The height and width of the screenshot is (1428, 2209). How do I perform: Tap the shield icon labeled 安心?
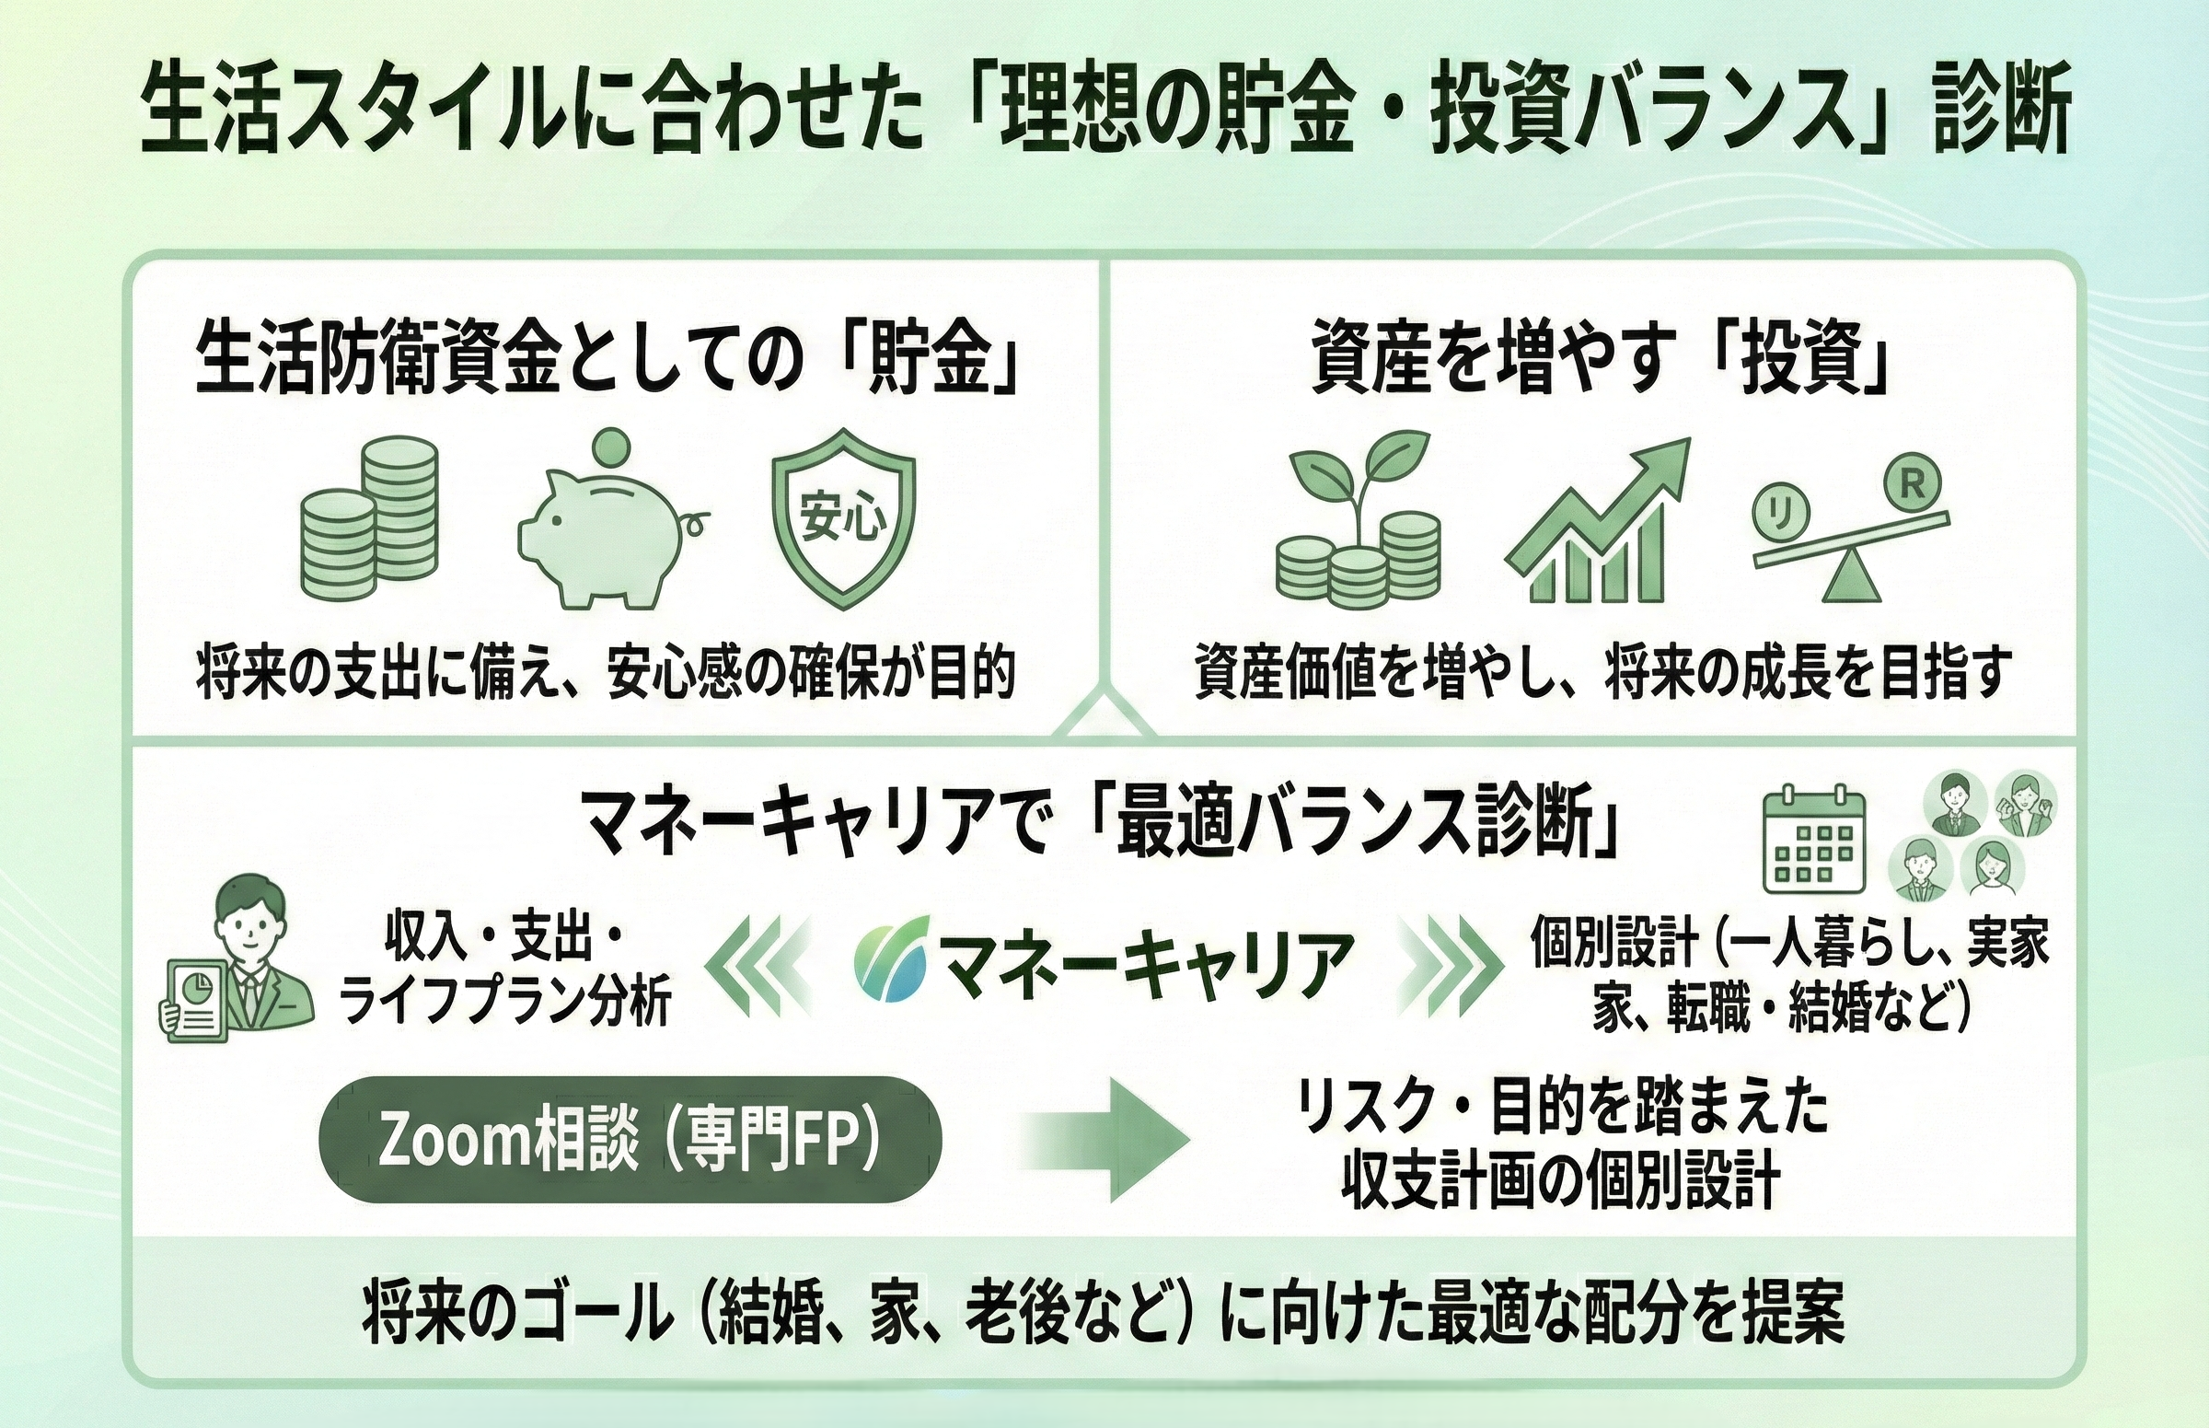(x=842, y=518)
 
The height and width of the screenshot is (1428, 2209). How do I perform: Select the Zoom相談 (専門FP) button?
(x=630, y=1140)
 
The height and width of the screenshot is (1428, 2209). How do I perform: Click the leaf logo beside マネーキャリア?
(x=893, y=960)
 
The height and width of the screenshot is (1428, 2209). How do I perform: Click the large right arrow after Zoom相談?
(x=1107, y=1142)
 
